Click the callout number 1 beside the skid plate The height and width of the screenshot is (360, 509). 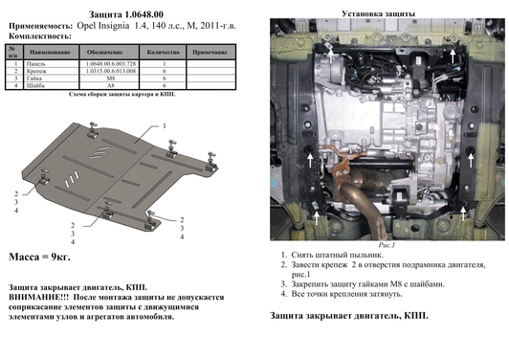(x=164, y=125)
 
